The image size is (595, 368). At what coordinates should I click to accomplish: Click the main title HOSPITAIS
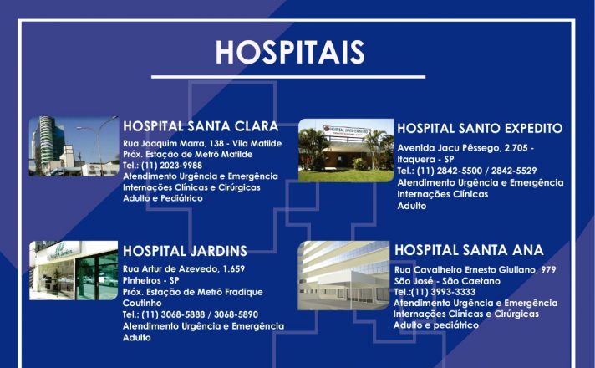(290, 52)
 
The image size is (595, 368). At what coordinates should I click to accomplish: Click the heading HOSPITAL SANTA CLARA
(201, 126)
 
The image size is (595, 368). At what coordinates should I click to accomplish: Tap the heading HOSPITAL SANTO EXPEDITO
(480, 128)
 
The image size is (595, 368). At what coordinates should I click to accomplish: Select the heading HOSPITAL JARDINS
(185, 251)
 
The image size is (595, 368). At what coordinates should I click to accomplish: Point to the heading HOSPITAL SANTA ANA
(469, 250)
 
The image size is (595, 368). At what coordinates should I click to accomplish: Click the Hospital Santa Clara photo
(74, 146)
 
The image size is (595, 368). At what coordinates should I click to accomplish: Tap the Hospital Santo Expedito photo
(346, 151)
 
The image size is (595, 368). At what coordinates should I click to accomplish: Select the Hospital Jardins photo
(74, 270)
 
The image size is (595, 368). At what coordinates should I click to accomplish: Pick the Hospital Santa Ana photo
(343, 275)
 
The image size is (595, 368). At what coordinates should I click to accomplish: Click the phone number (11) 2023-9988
(171, 166)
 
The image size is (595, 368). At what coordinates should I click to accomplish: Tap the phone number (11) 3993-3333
(443, 292)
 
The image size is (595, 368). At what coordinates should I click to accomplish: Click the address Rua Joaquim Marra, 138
(173, 144)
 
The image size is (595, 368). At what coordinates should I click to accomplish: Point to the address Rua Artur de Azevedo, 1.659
(184, 268)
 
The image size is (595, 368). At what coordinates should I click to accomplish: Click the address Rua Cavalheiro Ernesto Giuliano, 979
(475, 270)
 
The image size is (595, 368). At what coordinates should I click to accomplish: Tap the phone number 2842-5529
(514, 171)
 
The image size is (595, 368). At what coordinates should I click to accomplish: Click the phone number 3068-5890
(236, 314)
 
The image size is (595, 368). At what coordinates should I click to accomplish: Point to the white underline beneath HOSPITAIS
(288, 77)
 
